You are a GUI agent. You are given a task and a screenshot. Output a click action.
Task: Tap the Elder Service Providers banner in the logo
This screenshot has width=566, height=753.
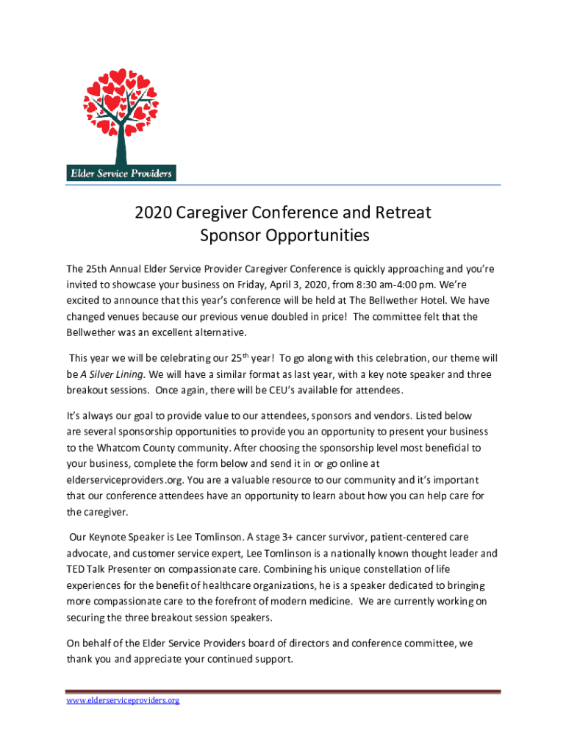coord(121,174)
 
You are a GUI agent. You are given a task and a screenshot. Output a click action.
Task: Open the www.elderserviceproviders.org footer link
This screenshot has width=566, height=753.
coord(123,700)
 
